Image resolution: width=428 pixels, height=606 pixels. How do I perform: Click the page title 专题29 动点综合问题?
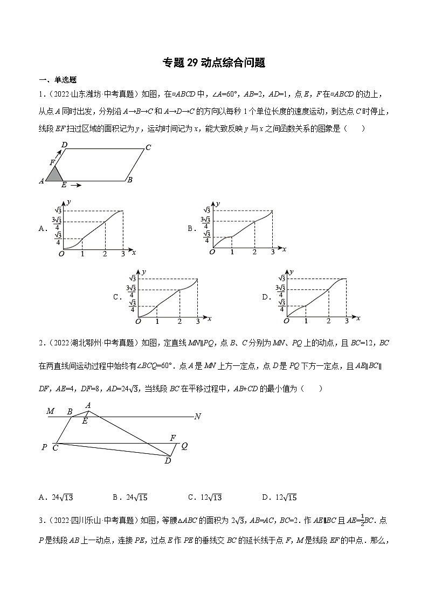point(214,63)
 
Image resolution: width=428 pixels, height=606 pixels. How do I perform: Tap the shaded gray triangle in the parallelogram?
point(54,173)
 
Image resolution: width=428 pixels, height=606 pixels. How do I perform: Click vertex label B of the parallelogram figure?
point(130,180)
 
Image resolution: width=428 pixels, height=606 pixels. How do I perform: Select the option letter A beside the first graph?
point(43,229)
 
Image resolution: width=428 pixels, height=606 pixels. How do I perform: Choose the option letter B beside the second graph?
point(191,229)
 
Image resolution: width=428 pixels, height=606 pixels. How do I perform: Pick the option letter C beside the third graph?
point(116,297)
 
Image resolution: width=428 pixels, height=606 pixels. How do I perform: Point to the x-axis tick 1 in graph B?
point(232,253)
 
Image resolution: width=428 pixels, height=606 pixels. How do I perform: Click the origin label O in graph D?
point(286,321)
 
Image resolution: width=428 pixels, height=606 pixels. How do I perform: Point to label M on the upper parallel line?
point(51,411)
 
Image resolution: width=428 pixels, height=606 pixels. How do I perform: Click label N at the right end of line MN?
point(197,416)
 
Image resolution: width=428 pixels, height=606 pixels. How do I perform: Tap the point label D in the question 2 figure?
point(168,460)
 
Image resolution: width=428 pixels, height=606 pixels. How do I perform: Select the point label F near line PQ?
point(172,438)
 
